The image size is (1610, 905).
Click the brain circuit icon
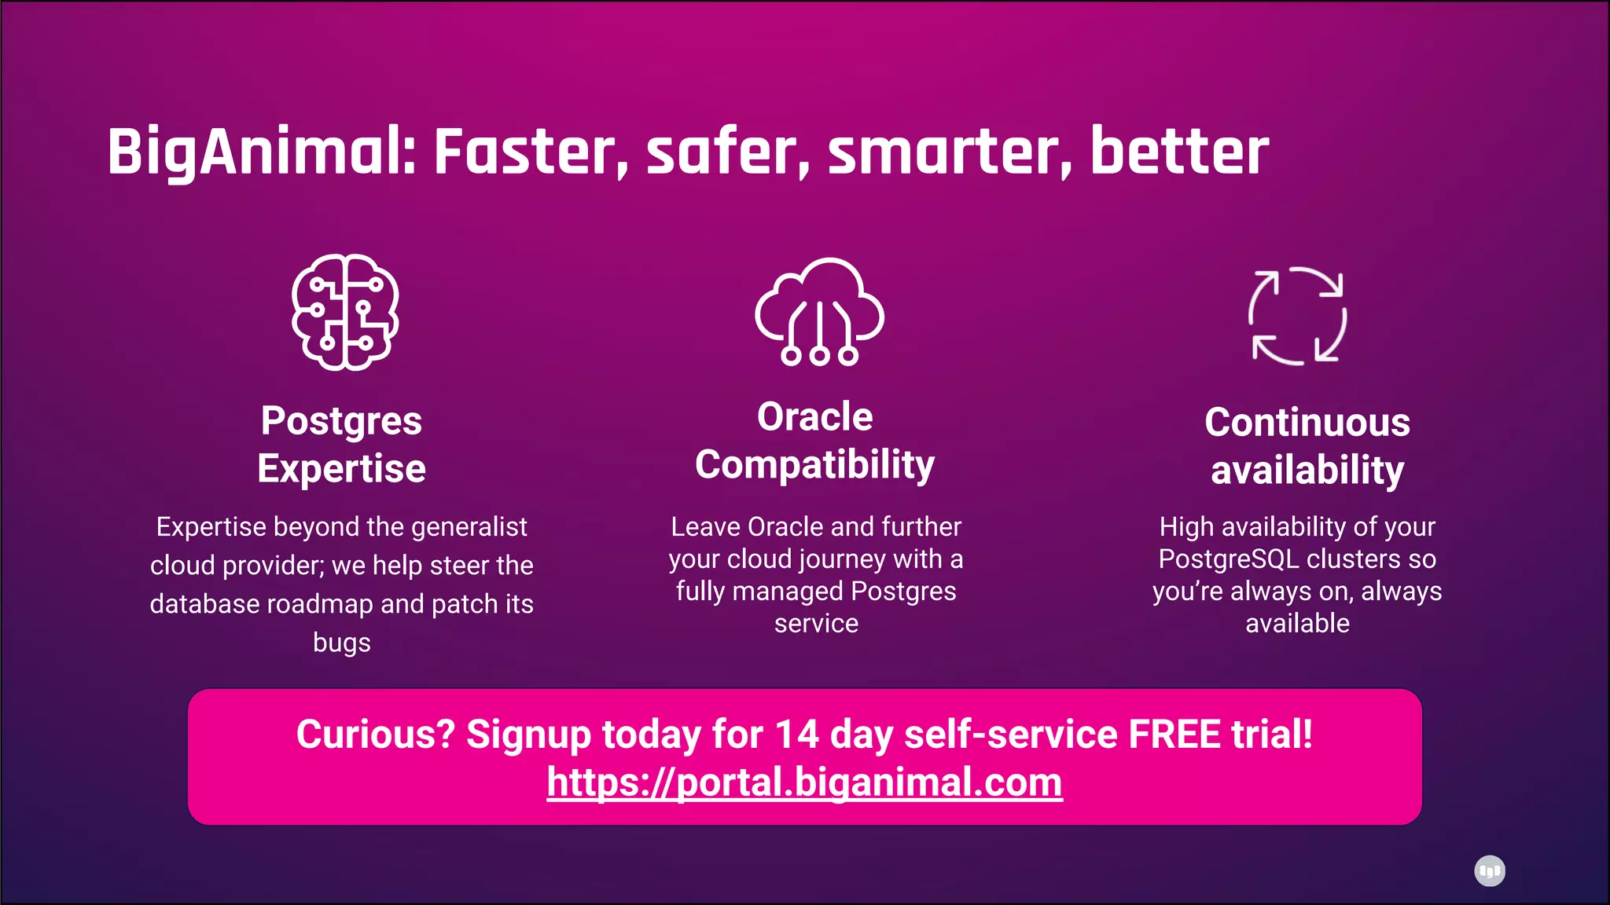(344, 312)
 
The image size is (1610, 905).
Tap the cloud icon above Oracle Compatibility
(819, 311)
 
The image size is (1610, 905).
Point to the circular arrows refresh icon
(1298, 316)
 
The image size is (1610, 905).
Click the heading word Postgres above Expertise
(341, 421)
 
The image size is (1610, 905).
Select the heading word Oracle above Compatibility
(814, 417)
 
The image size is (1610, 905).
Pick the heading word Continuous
(1307, 423)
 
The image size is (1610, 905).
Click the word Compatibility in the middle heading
(814, 465)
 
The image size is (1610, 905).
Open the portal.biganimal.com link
(804, 782)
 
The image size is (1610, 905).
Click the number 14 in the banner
(796, 735)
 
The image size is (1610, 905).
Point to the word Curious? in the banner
(375, 735)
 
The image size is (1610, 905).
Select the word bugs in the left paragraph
(341, 643)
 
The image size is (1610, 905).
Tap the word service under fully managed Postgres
(816, 624)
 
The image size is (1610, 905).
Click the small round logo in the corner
(1489, 870)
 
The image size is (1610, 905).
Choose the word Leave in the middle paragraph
(705, 527)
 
